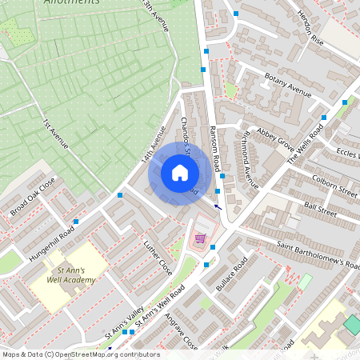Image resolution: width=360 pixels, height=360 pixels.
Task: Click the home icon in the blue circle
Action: click(179, 173)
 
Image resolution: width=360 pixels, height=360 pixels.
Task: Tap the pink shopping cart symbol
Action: click(200, 238)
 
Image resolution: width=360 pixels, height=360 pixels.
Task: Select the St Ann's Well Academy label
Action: click(70, 275)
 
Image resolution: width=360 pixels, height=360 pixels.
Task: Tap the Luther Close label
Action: click(158, 255)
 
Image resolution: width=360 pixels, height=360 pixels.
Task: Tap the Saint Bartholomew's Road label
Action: click(318, 253)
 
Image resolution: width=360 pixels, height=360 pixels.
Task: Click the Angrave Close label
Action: click(180, 330)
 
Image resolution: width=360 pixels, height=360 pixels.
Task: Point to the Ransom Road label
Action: click(214, 148)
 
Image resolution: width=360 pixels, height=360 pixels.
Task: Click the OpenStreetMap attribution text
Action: click(80, 354)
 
